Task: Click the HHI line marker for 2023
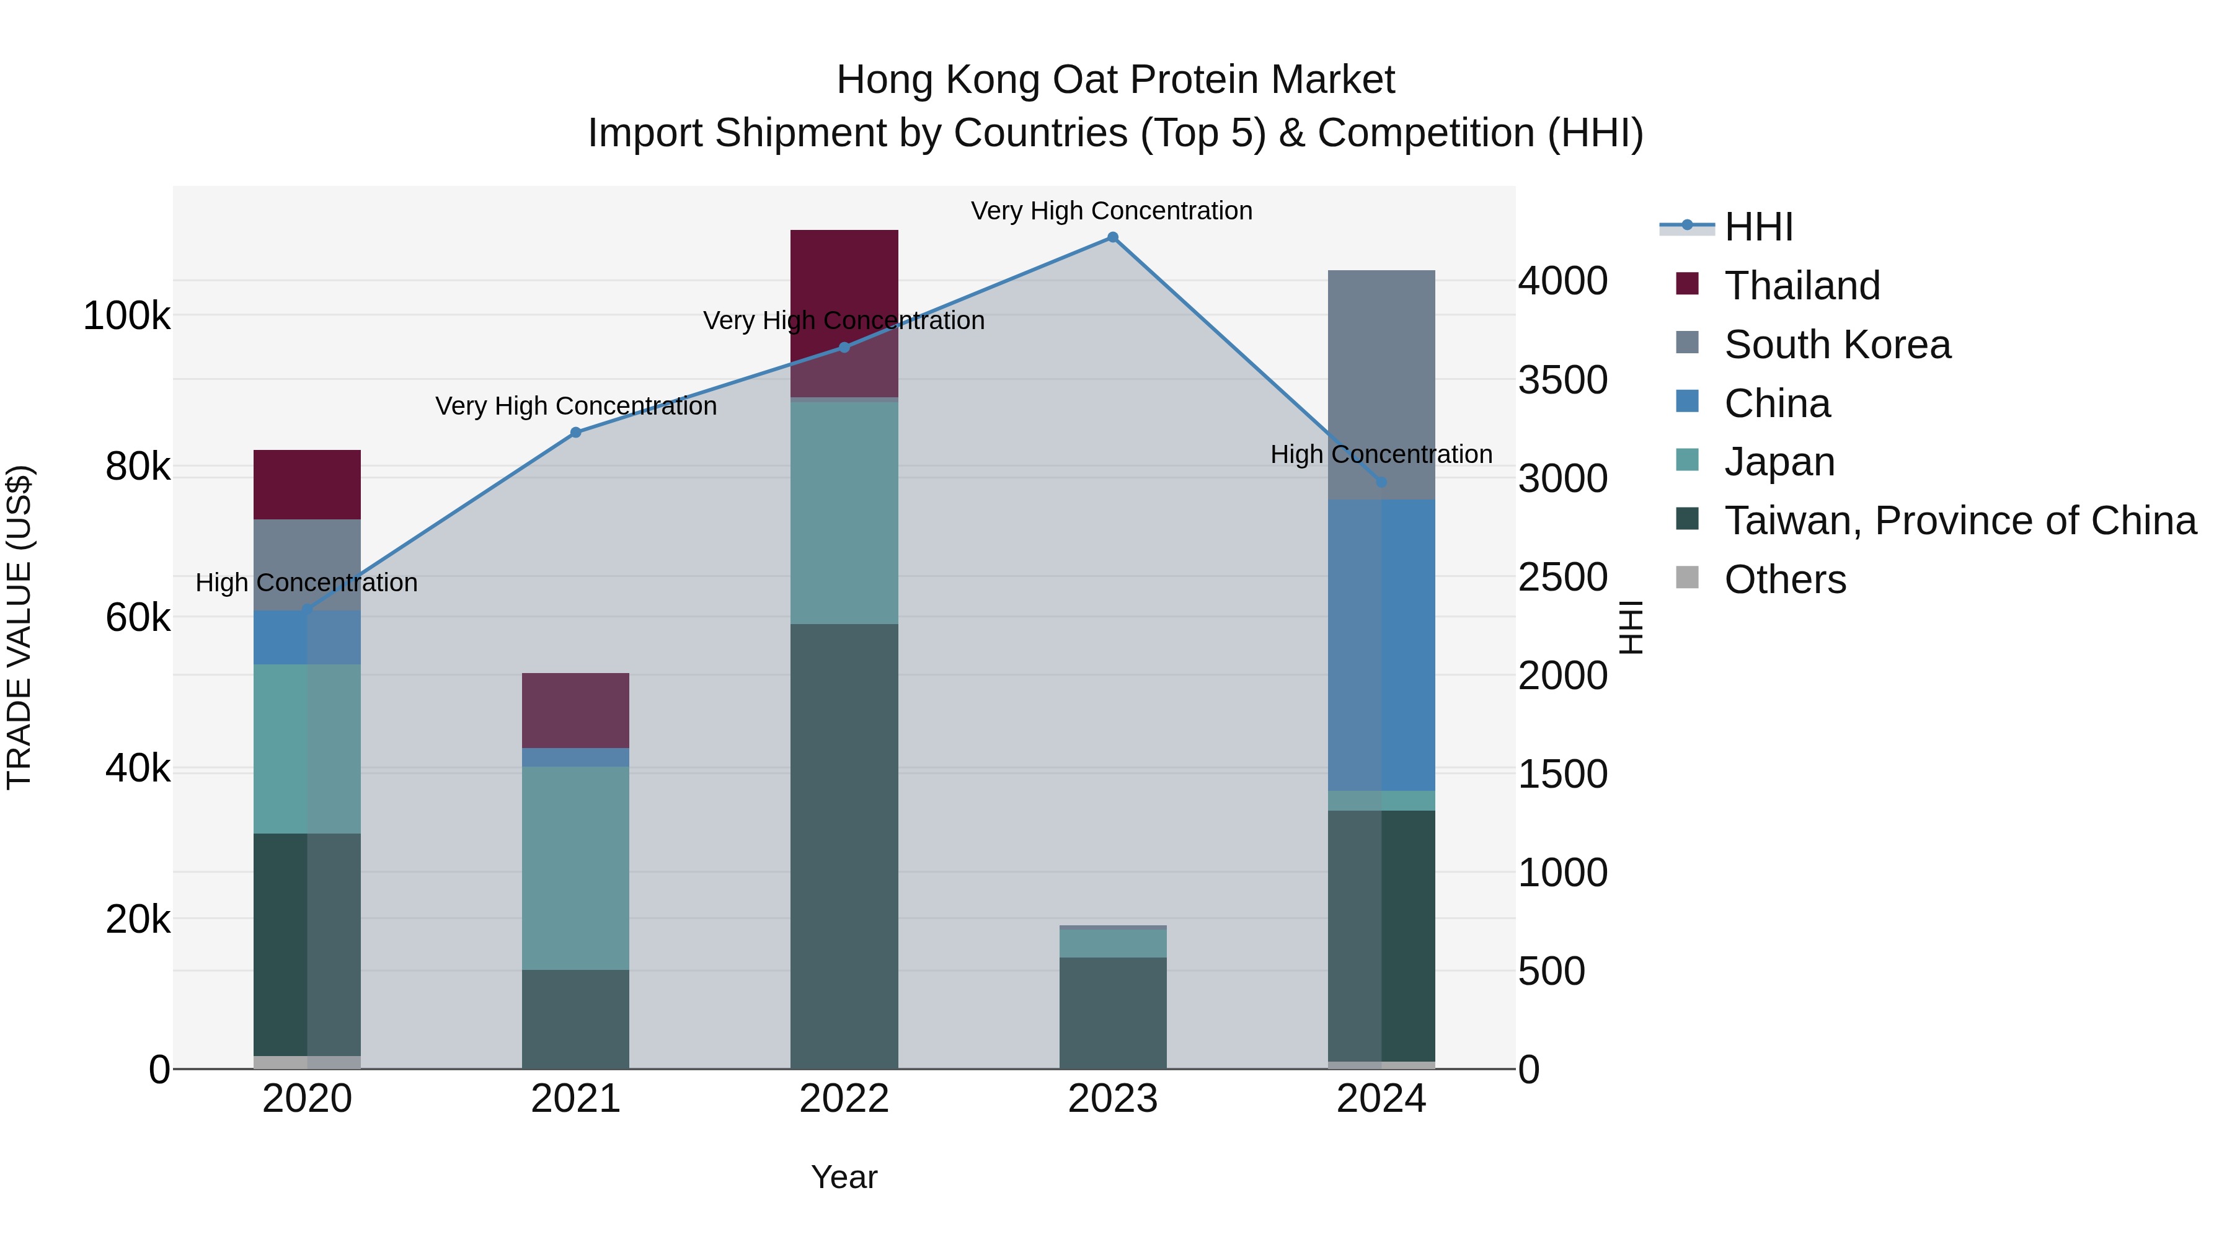coord(1112,237)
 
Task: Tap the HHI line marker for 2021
coord(575,432)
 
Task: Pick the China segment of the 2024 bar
coord(1381,645)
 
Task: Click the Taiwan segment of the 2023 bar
coord(1112,1013)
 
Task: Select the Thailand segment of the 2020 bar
coord(307,484)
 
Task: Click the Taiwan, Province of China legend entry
coord(1959,521)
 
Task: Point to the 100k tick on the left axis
coord(126,316)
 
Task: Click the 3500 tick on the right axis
coord(1562,379)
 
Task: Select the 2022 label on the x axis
coord(844,1099)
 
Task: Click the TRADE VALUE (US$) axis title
coord(19,627)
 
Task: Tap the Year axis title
coord(844,1177)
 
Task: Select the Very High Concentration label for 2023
coord(1112,211)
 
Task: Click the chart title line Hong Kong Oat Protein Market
coord(1115,80)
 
